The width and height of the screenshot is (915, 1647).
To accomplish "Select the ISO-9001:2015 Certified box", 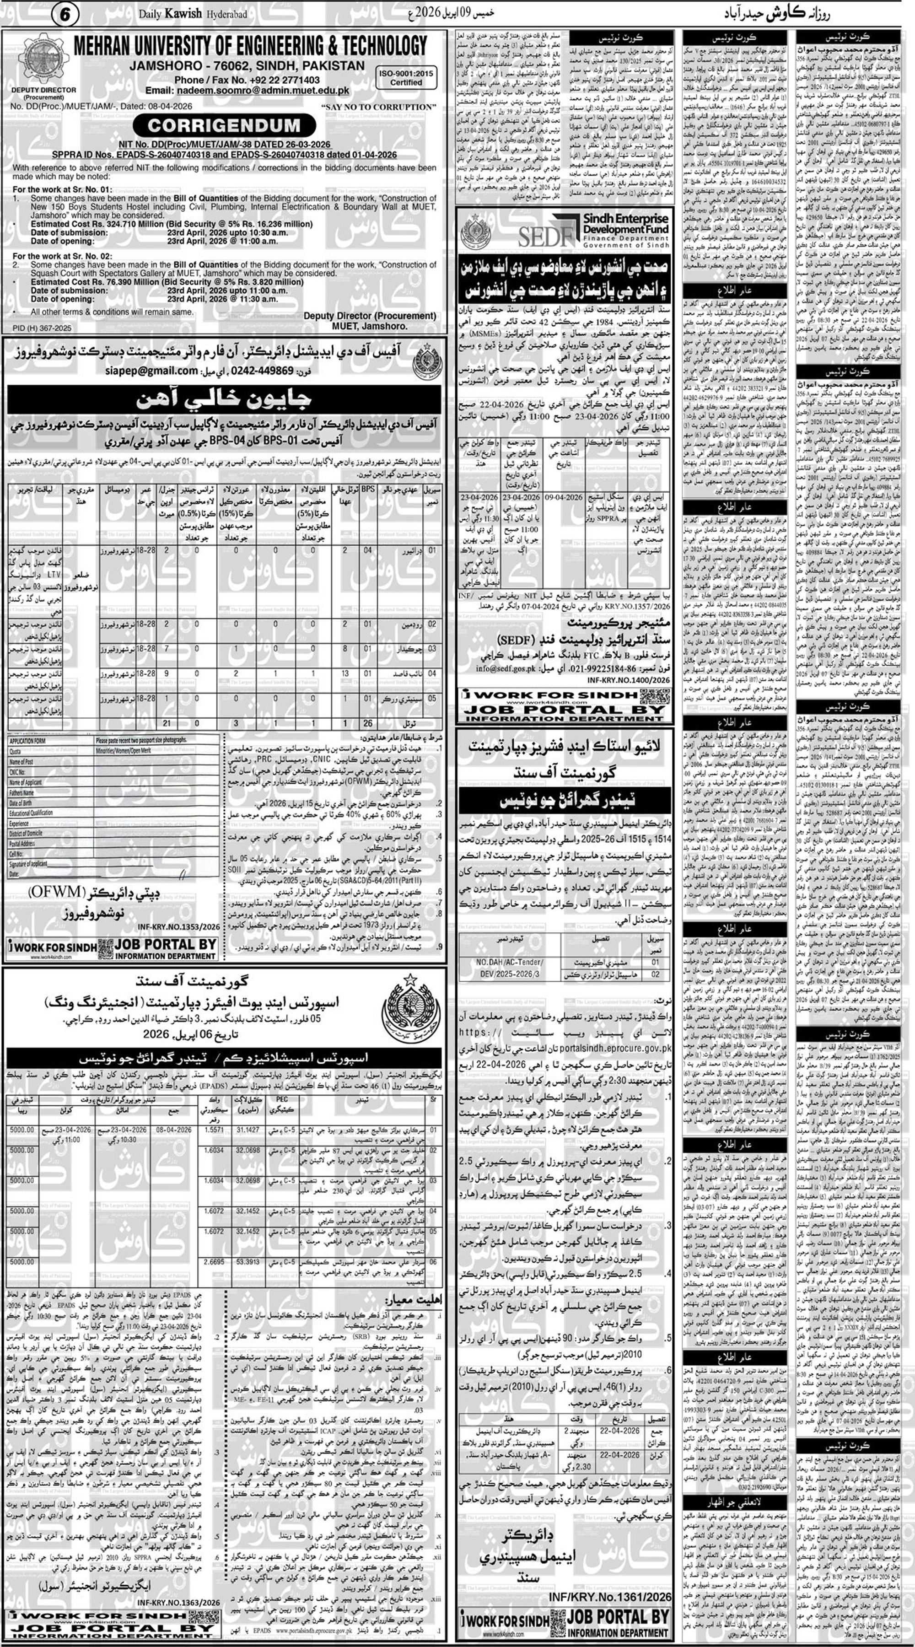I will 406,78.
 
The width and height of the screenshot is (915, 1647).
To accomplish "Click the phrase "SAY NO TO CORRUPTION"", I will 377,107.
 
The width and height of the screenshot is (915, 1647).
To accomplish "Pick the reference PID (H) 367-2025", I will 42,328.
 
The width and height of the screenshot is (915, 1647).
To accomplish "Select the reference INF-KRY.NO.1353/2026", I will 178,926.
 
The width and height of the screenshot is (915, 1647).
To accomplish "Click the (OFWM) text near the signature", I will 57,891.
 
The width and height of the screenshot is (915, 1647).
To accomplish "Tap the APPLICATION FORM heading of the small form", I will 27,740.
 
